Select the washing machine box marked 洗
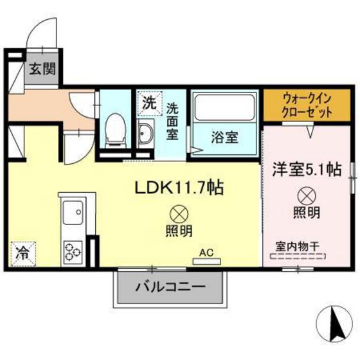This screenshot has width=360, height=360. pyautogui.click(x=148, y=102)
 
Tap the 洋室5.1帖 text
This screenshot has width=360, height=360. pyautogui.click(x=307, y=170)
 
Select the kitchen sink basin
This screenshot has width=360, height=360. pyautogui.click(x=72, y=212)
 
